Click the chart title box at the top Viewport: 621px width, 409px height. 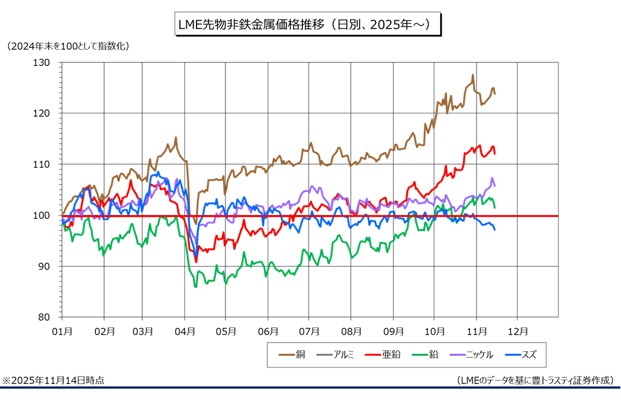tap(309, 25)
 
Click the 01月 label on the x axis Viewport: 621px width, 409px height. tap(62, 331)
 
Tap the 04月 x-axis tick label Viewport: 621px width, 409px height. tap(185, 331)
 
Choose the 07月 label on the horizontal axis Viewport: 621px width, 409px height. tap(310, 331)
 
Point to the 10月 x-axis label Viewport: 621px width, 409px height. tap(434, 331)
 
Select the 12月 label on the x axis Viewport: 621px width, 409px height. tap(517, 331)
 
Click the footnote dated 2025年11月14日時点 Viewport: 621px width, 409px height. tap(54, 380)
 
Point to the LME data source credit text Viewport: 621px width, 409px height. tap(534, 380)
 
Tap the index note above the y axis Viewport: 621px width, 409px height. tap(68, 46)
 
